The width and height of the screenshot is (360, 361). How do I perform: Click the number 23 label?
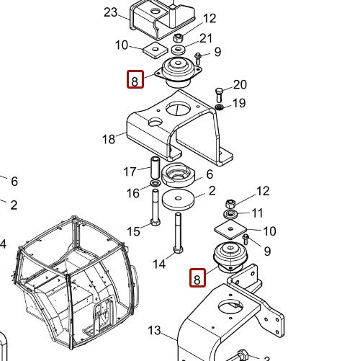coord(110,12)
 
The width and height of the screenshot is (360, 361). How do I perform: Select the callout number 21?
coord(206,38)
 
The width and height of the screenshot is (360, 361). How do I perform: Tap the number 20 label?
coord(240,85)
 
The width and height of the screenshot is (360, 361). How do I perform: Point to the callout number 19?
coord(238,103)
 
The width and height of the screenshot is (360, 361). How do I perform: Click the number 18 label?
coord(109,139)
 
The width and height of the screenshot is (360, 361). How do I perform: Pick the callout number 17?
coord(130,171)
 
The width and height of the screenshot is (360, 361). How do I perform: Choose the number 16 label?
coord(133,193)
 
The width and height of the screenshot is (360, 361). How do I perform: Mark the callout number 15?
coord(134,231)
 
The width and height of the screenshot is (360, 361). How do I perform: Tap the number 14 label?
coord(159,264)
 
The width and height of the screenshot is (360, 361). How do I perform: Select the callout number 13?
coord(155,331)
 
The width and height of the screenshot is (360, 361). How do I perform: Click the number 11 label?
coord(257,213)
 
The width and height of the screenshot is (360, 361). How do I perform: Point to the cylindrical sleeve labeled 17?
coord(155,169)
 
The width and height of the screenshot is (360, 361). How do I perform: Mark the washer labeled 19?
coord(218,107)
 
